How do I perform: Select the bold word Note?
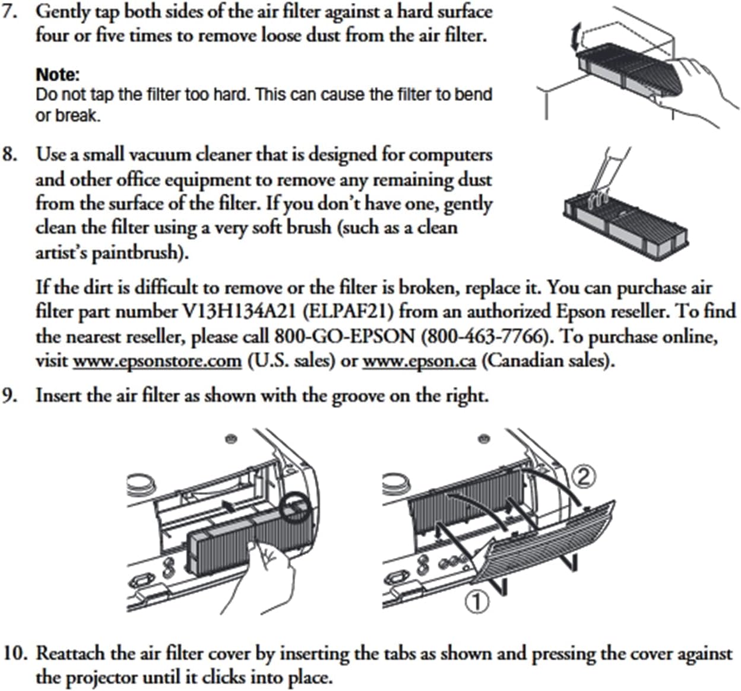(58, 75)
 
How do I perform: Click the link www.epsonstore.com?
(157, 361)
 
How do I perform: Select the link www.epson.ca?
(419, 361)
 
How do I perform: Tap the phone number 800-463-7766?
(484, 337)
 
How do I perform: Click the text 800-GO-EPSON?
(344, 337)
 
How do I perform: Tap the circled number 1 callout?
(477, 602)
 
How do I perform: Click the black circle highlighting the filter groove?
(294, 508)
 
